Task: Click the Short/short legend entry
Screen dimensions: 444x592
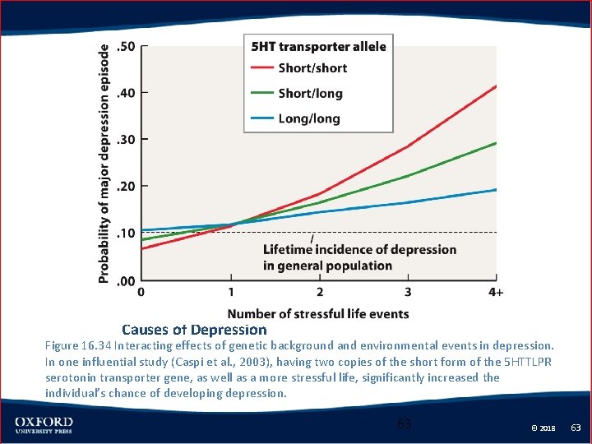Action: pos(312,68)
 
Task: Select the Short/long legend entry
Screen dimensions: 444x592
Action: pos(310,94)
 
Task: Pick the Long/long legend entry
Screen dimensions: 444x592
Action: pos(309,118)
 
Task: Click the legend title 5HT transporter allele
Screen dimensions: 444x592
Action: pos(318,46)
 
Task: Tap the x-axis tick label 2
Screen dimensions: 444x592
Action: pos(320,293)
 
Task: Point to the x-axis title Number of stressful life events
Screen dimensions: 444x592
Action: pos(318,313)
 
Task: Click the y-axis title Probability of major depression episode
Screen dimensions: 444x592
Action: pos(104,163)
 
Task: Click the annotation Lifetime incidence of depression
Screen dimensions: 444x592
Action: pos(359,250)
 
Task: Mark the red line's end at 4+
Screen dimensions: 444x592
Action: pos(497,86)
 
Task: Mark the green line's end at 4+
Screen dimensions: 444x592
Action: pos(497,142)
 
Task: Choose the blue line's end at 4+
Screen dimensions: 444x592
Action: pos(497,189)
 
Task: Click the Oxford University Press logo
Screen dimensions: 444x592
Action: pos(43,425)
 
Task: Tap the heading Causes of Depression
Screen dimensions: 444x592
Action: pos(194,330)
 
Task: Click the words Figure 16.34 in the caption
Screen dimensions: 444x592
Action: pos(79,346)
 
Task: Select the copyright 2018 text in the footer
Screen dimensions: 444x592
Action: pos(543,428)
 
